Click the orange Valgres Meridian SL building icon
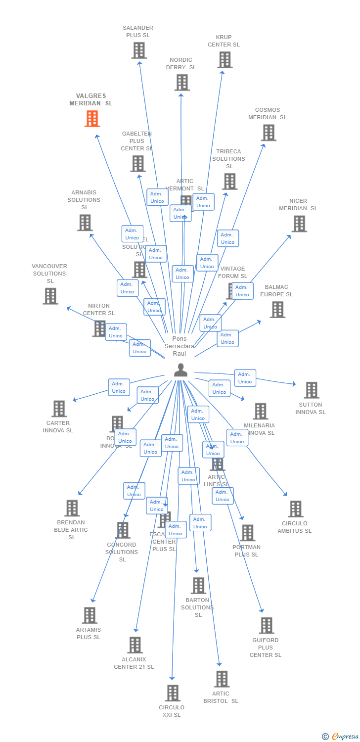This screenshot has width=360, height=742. coord(92,119)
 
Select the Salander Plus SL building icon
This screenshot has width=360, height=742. coord(139,50)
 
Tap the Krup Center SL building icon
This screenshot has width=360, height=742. coord(225,60)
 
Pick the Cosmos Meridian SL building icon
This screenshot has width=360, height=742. coord(269,133)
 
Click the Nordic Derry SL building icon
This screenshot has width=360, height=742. coord(181,83)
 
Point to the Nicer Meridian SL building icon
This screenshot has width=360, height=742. coord(299,224)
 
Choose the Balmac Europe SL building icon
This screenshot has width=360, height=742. coord(277,310)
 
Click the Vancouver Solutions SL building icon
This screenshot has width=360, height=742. coord(50,296)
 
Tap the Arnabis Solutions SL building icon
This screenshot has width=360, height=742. coord(85,223)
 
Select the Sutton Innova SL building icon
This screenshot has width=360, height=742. coord(311,390)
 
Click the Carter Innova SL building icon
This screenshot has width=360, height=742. coord(59,409)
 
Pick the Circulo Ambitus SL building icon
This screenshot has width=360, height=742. coord(295,509)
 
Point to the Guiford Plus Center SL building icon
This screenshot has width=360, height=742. coord(266,625)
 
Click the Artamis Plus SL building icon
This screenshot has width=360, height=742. coord(89,615)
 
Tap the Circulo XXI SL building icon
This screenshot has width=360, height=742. coord(172,693)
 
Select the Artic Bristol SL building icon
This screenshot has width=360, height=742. coord(222,679)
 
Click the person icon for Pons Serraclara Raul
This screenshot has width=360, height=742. coord(180,370)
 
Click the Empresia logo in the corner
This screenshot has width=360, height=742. coord(340,737)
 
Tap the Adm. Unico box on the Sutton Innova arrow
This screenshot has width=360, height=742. coord(245,378)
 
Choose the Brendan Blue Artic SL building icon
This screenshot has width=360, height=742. coord(72,508)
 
